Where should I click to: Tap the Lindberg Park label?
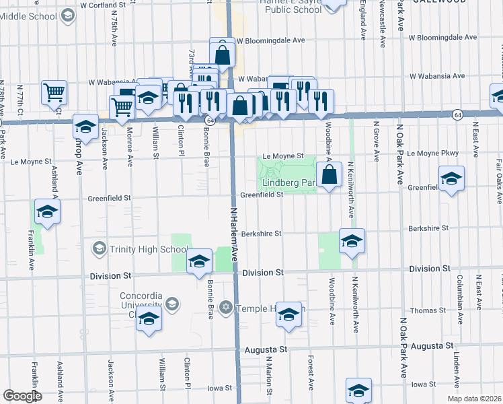point(288,182)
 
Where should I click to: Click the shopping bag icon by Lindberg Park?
point(330,176)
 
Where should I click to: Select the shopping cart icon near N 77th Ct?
point(54,93)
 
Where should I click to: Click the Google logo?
point(22,396)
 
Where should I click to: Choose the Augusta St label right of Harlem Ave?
point(266,350)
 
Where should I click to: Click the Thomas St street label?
point(428,310)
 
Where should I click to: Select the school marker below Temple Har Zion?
point(288,316)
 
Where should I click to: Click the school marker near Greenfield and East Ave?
point(451,179)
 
